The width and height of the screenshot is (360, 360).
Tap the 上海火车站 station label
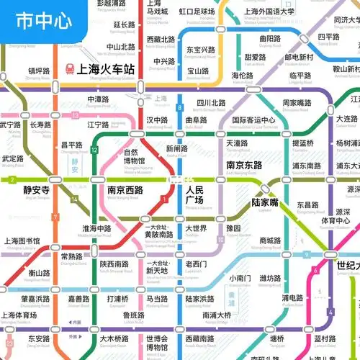pyautogui.click(x=106, y=70)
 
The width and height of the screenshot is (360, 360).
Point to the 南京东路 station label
pyautogui.click(x=243, y=165)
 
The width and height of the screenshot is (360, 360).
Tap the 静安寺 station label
pyautogui.click(x=36, y=190)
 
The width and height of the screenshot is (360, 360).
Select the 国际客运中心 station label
pyautogui.click(x=253, y=120)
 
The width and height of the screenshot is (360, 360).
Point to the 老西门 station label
pyautogui.click(x=196, y=264)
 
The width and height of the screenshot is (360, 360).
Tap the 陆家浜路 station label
pyautogui.click(x=199, y=299)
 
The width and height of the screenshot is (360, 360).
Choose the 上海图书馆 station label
pyautogui.click(x=22, y=241)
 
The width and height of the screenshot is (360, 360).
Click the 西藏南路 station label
pyautogui.click(x=196, y=338)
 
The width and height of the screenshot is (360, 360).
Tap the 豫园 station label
pyautogui.click(x=233, y=229)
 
